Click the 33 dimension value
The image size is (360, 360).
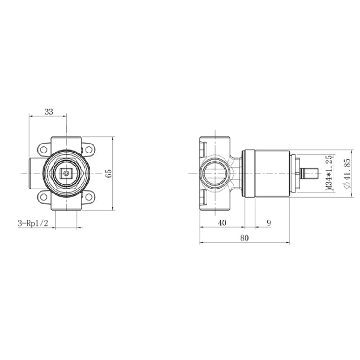click(49, 112)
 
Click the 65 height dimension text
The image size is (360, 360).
click(108, 173)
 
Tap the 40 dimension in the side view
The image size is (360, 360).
click(222, 223)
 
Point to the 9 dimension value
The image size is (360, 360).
click(269, 223)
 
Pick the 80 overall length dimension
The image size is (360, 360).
click(244, 238)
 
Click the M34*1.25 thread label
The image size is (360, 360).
click(328, 173)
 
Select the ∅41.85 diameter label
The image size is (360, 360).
click(346, 173)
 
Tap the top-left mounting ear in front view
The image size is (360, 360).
click(44, 149)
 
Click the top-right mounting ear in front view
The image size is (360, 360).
click(88, 149)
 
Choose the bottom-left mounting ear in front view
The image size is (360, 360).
click(44, 197)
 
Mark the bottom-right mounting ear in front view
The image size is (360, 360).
click(88, 197)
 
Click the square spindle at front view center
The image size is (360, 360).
click(66, 173)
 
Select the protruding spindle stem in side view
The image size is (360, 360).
click(310, 173)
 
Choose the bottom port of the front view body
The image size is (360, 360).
click(66, 204)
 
